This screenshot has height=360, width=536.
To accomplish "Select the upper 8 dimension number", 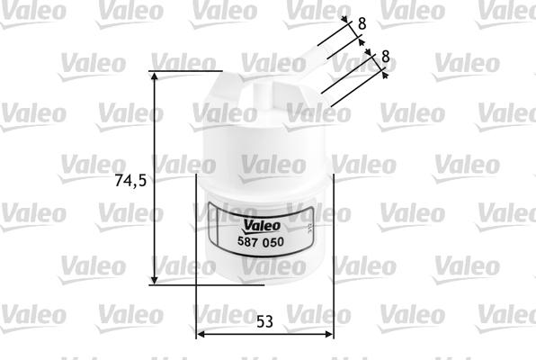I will pos(362,23).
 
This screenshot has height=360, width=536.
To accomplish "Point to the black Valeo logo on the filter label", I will pos(261,227).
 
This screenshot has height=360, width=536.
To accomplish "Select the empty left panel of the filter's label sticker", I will pos(225,234).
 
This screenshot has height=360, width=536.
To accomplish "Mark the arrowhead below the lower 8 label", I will pos(385,76).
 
